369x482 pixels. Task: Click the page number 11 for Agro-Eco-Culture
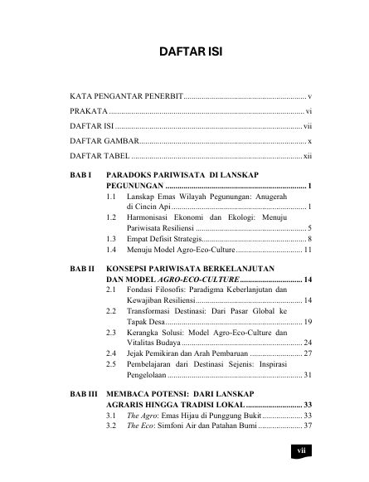point(307,249)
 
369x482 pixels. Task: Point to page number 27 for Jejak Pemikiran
point(306,353)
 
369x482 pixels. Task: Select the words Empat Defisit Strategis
point(166,238)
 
